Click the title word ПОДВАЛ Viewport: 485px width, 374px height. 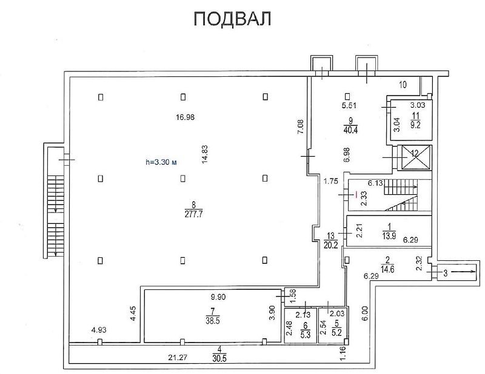(x=232, y=19)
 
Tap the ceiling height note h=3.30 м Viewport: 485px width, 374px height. (x=161, y=162)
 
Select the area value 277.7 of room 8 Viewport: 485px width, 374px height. (x=193, y=214)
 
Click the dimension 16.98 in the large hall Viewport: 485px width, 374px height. (x=185, y=117)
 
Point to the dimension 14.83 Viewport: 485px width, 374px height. (x=205, y=154)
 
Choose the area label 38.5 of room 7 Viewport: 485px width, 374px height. (x=213, y=321)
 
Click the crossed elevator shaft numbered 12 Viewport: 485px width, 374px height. (x=415, y=157)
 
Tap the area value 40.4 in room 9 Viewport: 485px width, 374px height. (x=350, y=130)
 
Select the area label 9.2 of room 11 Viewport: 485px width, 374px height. (x=415, y=125)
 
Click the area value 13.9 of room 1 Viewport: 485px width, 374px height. (x=389, y=236)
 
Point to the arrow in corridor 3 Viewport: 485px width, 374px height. (x=463, y=272)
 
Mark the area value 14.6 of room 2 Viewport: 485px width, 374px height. (x=387, y=269)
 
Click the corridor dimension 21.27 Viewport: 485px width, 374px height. (x=178, y=358)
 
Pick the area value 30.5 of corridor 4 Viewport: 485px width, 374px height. (x=219, y=358)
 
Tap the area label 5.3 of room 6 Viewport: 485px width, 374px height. (x=306, y=335)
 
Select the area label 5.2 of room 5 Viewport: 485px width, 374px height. (x=337, y=332)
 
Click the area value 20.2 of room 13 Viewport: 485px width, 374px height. (x=330, y=245)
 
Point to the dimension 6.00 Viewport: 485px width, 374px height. (x=365, y=313)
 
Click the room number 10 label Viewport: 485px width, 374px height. (x=403, y=84)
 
